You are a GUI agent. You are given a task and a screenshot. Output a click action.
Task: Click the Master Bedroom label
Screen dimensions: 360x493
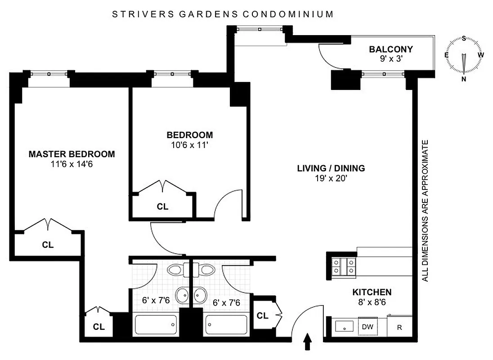72,154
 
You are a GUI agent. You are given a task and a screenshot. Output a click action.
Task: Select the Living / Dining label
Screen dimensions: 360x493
331,168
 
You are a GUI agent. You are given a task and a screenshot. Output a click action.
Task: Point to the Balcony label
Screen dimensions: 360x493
391,49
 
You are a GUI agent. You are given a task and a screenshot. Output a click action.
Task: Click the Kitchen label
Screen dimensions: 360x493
372,292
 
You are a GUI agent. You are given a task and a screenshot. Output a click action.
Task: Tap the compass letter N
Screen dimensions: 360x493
464,80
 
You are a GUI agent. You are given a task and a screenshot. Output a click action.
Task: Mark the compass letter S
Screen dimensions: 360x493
464,39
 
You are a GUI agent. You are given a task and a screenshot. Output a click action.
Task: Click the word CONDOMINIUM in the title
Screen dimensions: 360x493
288,14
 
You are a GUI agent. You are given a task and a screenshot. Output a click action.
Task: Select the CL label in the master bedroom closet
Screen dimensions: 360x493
48,245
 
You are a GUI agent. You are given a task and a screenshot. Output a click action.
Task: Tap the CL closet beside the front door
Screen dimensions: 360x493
263,315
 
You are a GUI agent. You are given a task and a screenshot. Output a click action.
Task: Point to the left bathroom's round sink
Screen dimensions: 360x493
182,295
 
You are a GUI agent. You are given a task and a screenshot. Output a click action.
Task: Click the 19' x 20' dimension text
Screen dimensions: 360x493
331,178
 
